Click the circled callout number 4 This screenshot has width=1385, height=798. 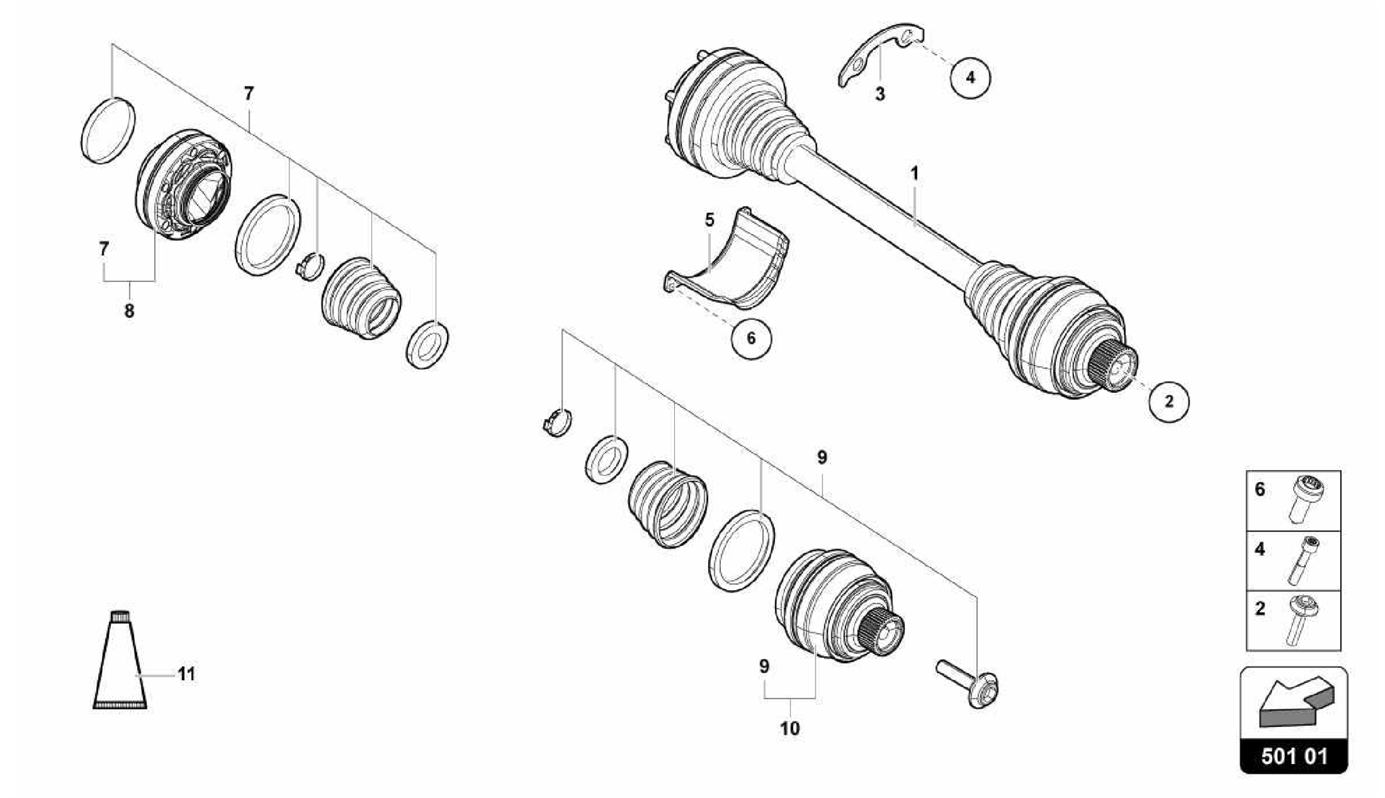970,77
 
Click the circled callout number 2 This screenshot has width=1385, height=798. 1169,402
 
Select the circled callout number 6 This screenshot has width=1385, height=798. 751,338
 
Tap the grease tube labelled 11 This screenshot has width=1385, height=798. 120,663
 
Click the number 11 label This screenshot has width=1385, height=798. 187,674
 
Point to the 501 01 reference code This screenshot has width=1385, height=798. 1293,756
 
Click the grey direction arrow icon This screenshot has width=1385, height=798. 1293,703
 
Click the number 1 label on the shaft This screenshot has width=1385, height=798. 914,174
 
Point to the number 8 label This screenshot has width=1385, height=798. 129,311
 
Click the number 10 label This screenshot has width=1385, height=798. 789,728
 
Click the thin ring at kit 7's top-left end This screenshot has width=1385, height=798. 108,131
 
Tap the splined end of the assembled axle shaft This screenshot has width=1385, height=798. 1114,372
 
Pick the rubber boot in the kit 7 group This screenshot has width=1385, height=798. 360,298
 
